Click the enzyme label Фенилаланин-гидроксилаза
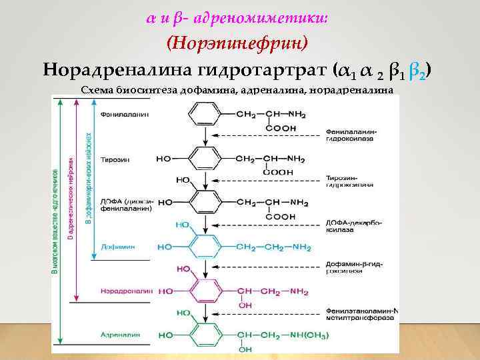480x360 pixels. click(x=352, y=135)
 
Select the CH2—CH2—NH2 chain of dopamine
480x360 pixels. click(x=273, y=247)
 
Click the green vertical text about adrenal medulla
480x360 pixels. click(x=55, y=220)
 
